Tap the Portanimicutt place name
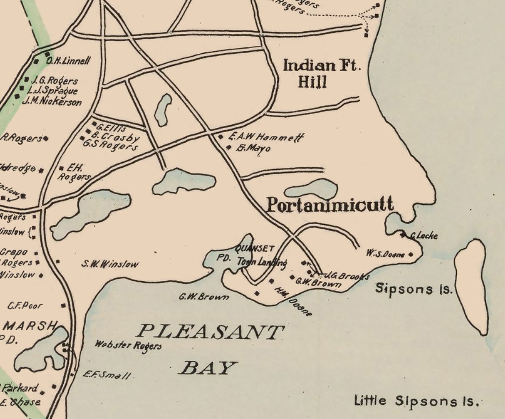(329, 205)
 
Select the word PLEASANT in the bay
(210, 332)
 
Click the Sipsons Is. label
(413, 288)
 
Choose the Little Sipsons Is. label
(416, 402)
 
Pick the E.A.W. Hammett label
(266, 137)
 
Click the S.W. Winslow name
(110, 264)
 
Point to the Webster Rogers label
(128, 345)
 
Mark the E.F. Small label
(106, 374)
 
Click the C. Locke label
(423, 236)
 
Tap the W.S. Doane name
(385, 253)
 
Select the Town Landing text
(262, 262)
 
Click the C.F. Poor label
(25, 306)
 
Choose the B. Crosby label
(115, 136)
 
